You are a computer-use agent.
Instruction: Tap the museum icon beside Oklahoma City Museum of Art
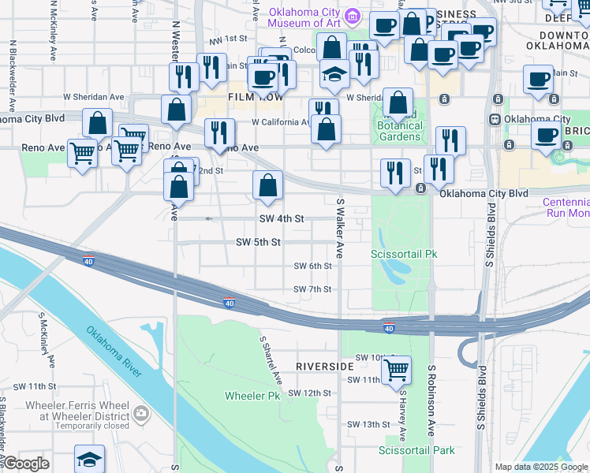click(354, 16)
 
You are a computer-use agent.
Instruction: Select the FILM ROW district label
click(250, 97)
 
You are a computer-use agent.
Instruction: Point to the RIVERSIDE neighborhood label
click(325, 367)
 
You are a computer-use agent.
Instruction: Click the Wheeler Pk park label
click(252, 395)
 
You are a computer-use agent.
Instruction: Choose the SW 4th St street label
click(282, 218)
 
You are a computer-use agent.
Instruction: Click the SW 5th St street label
click(258, 242)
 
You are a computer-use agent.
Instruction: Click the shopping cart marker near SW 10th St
click(396, 368)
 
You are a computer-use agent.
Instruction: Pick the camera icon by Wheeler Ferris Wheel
click(141, 412)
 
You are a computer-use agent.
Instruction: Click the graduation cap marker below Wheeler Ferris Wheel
click(90, 459)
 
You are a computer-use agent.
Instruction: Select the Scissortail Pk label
click(404, 254)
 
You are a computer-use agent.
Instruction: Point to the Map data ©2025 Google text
click(540, 467)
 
